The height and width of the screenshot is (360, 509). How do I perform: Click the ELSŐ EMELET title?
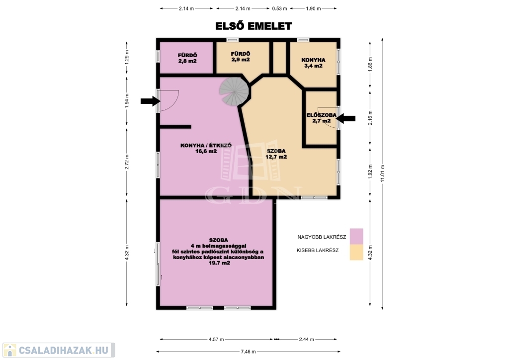click(254, 26)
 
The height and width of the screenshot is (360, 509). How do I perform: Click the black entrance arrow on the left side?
click(151, 101)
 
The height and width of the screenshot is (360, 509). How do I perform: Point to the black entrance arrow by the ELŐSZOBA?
click(345, 118)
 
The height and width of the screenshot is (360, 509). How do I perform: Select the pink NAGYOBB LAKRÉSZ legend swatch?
click(356, 237)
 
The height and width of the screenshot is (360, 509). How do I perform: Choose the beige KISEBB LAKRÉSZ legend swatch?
click(356, 252)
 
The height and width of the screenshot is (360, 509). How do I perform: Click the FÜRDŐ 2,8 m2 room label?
click(187, 58)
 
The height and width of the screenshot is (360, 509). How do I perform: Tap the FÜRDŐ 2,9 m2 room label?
click(241, 57)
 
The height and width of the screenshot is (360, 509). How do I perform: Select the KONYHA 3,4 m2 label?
click(313, 63)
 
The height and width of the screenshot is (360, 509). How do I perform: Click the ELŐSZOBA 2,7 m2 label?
click(322, 118)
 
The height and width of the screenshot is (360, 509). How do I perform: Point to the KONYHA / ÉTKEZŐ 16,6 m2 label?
click(206, 148)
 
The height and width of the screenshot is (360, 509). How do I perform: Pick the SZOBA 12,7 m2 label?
click(276, 154)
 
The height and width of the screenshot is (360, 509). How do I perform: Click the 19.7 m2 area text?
click(219, 263)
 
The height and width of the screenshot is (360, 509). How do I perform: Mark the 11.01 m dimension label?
click(382, 174)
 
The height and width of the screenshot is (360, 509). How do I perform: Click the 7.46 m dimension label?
click(248, 352)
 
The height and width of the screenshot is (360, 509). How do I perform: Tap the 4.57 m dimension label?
click(216, 340)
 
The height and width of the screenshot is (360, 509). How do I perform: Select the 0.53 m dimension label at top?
click(279, 9)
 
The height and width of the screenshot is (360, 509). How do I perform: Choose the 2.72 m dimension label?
click(127, 162)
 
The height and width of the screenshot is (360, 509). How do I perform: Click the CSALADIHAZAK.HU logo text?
click(63, 350)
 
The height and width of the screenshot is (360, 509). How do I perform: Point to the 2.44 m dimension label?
click(306, 340)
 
